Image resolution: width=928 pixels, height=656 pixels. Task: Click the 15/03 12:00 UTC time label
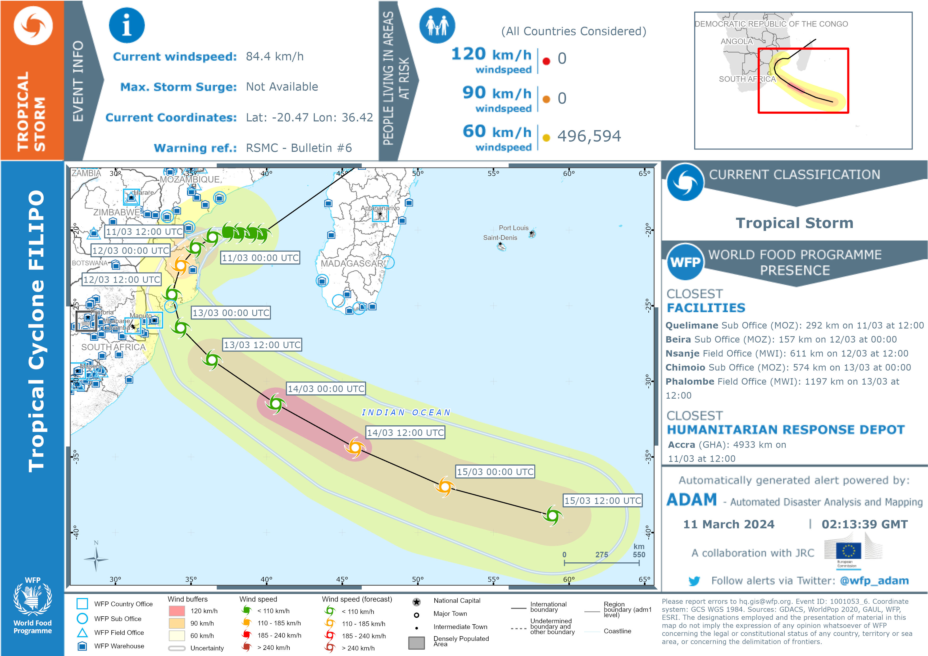[x=602, y=500]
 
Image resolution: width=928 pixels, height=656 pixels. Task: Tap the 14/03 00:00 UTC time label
[x=326, y=389]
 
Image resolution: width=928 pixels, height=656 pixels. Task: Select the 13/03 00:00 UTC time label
[x=231, y=313]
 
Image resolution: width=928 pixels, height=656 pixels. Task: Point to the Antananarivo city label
[x=380, y=208]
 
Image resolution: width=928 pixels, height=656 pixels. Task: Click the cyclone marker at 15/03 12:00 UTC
[x=553, y=515]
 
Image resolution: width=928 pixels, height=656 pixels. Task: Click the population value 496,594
[x=589, y=136]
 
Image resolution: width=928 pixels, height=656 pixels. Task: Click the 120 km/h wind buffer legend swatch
[x=177, y=611]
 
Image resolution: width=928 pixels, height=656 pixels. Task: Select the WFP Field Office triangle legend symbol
[x=83, y=632]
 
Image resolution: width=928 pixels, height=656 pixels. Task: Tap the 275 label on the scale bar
[x=601, y=554]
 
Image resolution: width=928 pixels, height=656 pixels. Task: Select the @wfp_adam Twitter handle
[x=874, y=581]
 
